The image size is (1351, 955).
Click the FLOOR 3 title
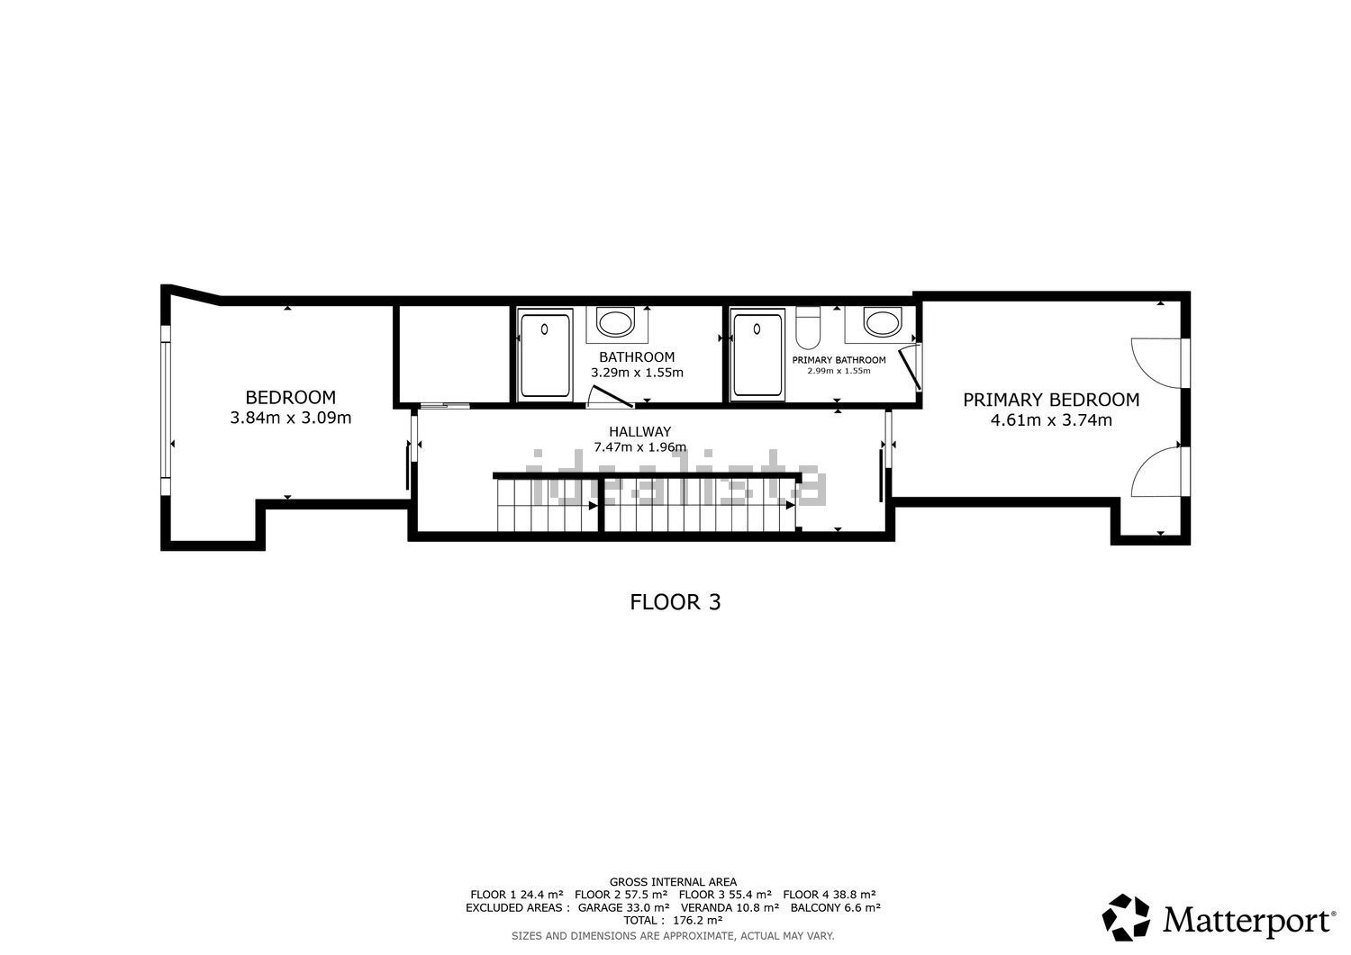pyautogui.click(x=675, y=602)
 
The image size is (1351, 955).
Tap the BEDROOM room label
pyautogui.click(x=290, y=397)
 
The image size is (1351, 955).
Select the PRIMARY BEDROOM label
pyautogui.click(x=1051, y=400)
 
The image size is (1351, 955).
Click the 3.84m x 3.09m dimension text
pyautogui.click(x=290, y=418)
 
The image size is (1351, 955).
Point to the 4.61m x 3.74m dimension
pyautogui.click(x=1051, y=419)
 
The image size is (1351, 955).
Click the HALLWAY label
pyautogui.click(x=639, y=432)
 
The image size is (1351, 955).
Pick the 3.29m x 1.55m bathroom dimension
pyautogui.click(x=637, y=373)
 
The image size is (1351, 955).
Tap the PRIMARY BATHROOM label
pyautogui.click(x=839, y=360)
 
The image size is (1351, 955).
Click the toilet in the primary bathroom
pyautogui.click(x=808, y=328)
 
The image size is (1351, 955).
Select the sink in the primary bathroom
pyautogui.click(x=883, y=322)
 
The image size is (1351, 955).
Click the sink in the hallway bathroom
pyautogui.click(x=615, y=322)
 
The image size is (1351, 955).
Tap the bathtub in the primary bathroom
pyautogui.click(x=757, y=355)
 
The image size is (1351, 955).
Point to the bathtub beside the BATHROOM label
pyautogui.click(x=545, y=355)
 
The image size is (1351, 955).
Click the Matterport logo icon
pyautogui.click(x=1126, y=917)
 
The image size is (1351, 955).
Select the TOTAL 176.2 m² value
pyautogui.click(x=673, y=920)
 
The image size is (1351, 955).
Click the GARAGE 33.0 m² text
pyautogui.click(x=623, y=907)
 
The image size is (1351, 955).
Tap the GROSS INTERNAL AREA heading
pyautogui.click(x=673, y=882)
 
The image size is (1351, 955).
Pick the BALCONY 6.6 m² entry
pyautogui.click(x=835, y=907)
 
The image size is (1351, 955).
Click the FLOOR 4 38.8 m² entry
pyautogui.click(x=830, y=895)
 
